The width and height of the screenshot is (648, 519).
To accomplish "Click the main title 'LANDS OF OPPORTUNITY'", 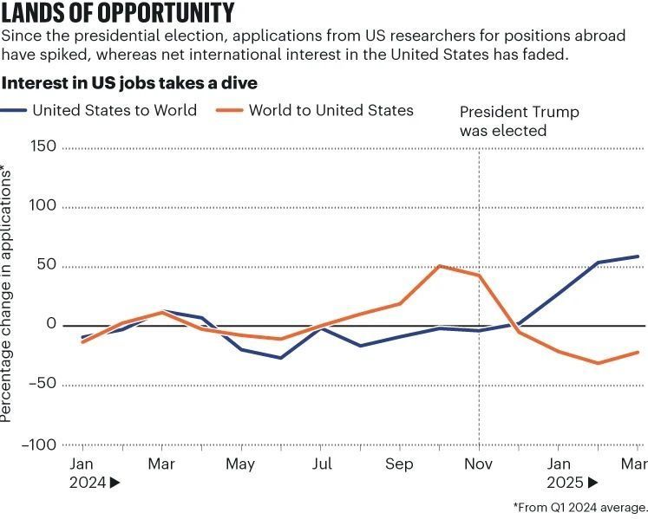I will click(118, 14).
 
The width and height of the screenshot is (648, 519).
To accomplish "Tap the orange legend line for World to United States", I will click(228, 110).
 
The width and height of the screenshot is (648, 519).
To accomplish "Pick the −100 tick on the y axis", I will click(40, 444).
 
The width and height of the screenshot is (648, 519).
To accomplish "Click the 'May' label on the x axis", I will click(240, 464).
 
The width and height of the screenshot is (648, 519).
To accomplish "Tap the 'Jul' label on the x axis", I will click(321, 464).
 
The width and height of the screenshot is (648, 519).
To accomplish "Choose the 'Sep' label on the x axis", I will click(399, 464).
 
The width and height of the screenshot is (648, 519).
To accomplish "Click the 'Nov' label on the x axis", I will click(479, 464).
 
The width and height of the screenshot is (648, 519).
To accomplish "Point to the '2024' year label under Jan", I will click(87, 483).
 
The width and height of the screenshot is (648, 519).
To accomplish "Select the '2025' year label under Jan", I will click(565, 483).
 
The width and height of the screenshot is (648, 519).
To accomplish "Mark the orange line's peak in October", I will click(440, 266).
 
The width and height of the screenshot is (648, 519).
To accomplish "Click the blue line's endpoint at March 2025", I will click(638, 256).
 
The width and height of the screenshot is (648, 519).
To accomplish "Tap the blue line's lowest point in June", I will click(280, 358).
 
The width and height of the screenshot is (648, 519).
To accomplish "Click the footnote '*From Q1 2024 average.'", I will click(579, 507).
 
